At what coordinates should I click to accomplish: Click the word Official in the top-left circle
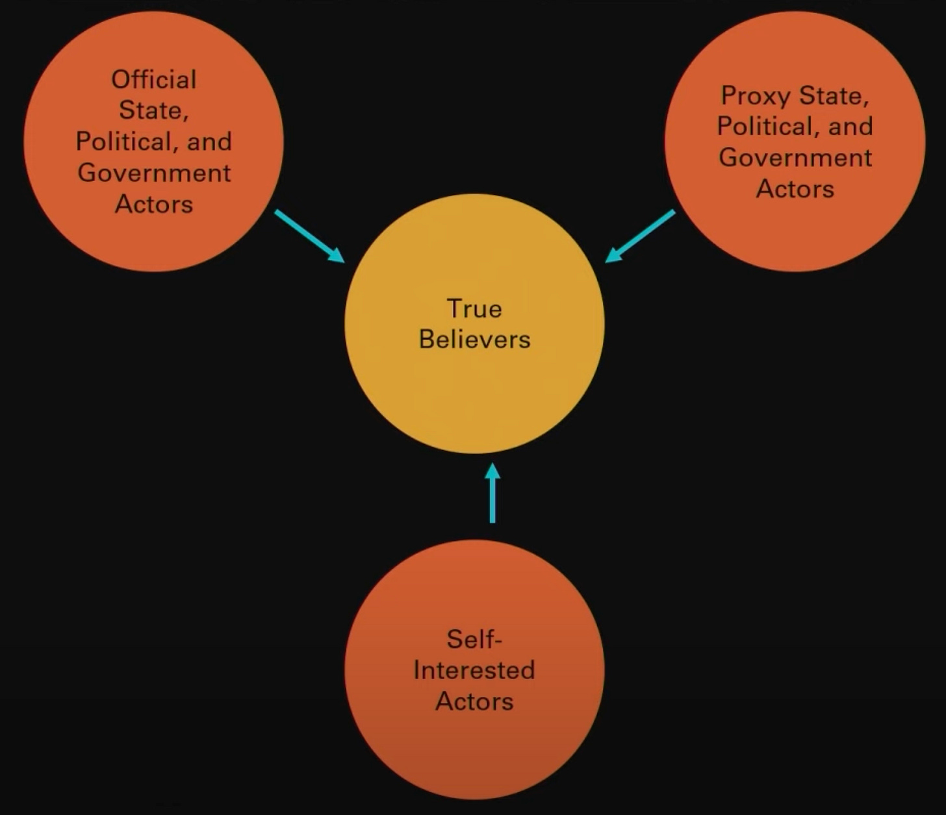click(154, 80)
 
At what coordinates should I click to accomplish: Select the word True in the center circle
click(474, 308)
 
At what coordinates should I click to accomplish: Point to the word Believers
click(474, 340)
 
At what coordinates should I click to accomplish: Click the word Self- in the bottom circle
click(474, 640)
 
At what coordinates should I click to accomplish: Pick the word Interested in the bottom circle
click(474, 670)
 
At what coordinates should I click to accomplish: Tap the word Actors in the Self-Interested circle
click(474, 701)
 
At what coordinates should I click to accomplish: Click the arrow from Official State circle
click(309, 236)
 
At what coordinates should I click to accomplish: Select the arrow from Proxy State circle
click(640, 236)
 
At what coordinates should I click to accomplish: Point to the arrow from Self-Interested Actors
click(492, 494)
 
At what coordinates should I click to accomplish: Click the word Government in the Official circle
click(154, 173)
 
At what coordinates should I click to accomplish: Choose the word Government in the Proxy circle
click(795, 158)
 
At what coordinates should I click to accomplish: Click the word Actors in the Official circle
click(154, 205)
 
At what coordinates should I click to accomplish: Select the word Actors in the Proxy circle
click(795, 189)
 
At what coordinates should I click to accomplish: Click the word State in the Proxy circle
click(834, 96)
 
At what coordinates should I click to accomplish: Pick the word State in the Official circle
click(154, 110)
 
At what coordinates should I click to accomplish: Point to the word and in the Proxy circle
click(850, 127)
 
